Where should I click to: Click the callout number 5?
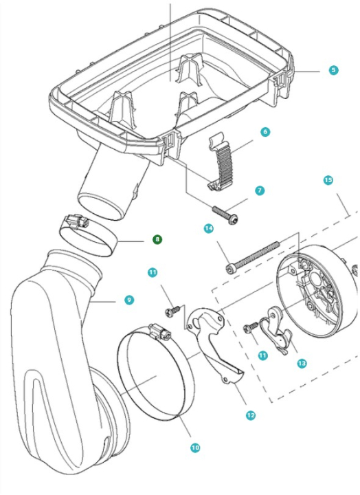pos(334,70)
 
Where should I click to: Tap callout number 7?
pos(260,191)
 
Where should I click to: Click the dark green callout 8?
pos(157,239)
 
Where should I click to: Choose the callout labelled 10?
pos(195,448)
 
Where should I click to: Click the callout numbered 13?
pos(302,362)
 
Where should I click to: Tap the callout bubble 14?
pos(208,228)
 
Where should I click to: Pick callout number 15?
pos(328,180)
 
